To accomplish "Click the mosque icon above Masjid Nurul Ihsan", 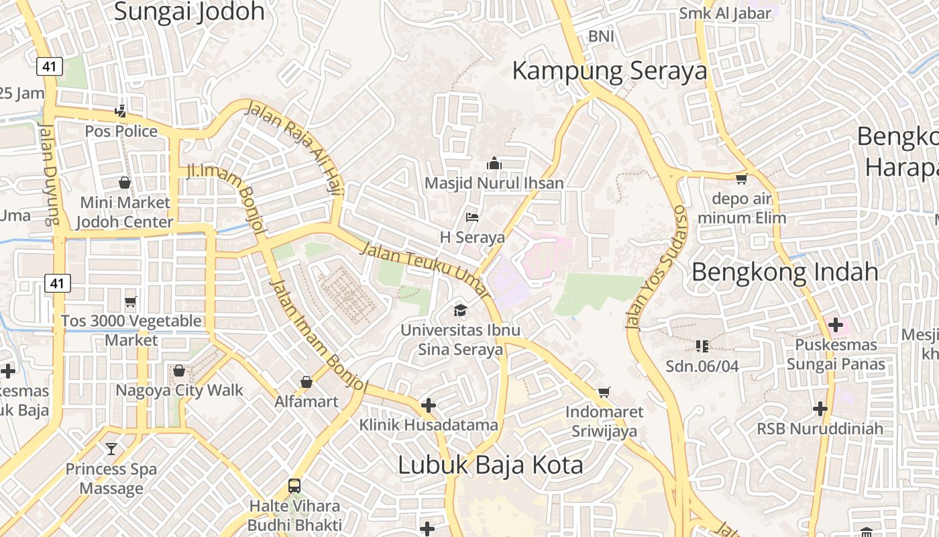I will tap(494, 163).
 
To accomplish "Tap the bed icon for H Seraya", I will tap(472, 217).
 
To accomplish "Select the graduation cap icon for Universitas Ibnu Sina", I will tap(460, 309).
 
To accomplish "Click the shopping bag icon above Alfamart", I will tap(307, 382).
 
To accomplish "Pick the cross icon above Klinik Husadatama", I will tap(428, 405).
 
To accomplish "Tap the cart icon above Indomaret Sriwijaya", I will tap(604, 392).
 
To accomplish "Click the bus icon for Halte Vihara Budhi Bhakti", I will tap(294, 485).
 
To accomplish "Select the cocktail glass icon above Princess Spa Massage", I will tap(111, 448).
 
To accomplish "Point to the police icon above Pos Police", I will tap(121, 110).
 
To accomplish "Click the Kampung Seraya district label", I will tap(610, 70).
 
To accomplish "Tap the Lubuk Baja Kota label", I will tap(490, 465).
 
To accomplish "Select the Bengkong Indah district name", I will tap(785, 272).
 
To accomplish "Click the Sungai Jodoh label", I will tap(189, 11).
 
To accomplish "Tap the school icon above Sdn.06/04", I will tap(702, 346).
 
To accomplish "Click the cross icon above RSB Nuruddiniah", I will tap(820, 408).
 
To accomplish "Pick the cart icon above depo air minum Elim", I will tap(741, 179).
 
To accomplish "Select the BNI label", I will tap(601, 36).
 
